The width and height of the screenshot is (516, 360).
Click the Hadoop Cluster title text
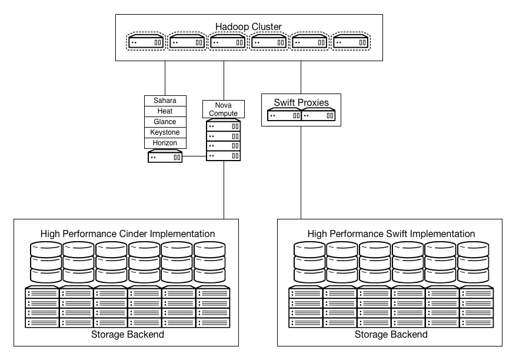[248, 26]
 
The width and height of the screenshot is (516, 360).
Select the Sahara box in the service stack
[165, 101]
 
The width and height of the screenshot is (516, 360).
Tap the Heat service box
[165, 111]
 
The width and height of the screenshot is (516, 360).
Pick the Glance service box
[165, 122]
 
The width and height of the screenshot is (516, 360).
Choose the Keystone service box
[165, 132]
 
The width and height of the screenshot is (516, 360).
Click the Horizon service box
[165, 143]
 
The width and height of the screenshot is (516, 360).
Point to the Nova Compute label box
[223, 109]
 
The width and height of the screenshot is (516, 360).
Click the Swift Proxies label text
[301, 102]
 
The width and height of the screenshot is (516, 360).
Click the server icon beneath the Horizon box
[165, 157]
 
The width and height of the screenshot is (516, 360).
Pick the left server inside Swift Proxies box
[284, 116]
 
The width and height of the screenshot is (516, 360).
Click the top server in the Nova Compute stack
[224, 126]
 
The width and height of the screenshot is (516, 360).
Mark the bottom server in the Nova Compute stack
[224, 156]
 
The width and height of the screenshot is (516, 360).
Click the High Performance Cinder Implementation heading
[128, 234]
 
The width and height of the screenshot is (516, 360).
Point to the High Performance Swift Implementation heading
[391, 234]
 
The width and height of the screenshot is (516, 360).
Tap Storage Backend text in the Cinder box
[128, 334]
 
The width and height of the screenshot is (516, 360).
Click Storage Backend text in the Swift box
[391, 334]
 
